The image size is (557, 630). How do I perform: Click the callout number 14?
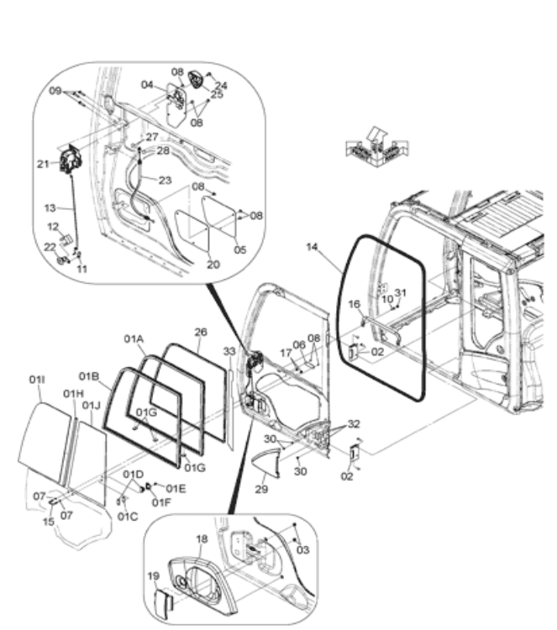click(x=313, y=247)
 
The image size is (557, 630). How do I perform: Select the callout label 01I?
click(x=37, y=380)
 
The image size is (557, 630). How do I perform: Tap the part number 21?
click(x=43, y=164)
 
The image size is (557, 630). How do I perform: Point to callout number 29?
click(x=261, y=489)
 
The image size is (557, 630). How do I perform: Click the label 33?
click(x=229, y=351)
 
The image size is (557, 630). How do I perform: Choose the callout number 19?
click(x=154, y=575)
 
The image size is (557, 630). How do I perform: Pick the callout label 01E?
click(x=176, y=489)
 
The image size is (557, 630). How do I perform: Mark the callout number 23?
click(x=165, y=180)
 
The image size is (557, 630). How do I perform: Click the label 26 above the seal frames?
click(x=201, y=332)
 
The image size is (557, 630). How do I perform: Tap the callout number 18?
click(x=202, y=538)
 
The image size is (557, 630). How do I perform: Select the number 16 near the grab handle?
click(x=354, y=304)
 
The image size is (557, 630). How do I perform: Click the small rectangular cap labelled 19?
click(x=164, y=601)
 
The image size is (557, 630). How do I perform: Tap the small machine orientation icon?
click(x=377, y=148)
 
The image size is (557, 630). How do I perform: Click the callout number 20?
click(x=213, y=265)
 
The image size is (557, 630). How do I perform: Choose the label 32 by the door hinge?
click(x=354, y=424)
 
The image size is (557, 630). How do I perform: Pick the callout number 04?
click(x=147, y=85)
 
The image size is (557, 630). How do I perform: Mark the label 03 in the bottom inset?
click(x=302, y=549)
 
